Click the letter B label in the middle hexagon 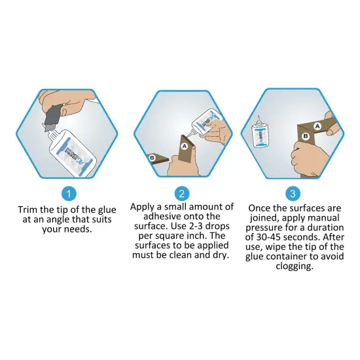click(152, 158)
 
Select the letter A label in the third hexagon click(317, 124)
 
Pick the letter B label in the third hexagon click(305, 136)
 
